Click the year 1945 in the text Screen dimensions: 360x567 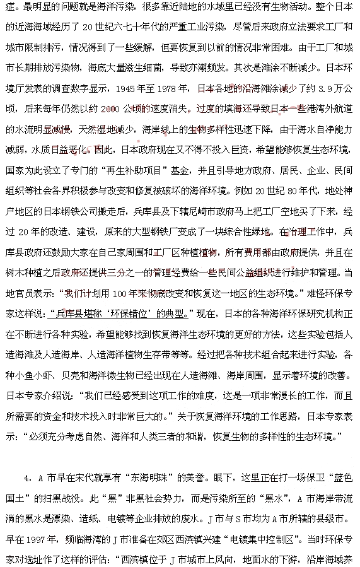(130, 88)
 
